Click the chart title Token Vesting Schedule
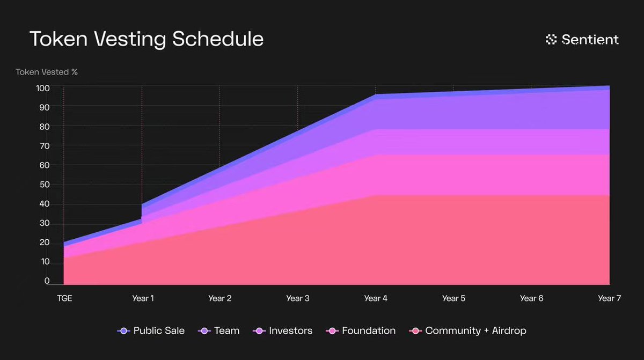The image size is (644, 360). pyautogui.click(x=146, y=39)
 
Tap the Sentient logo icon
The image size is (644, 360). pyautogui.click(x=551, y=39)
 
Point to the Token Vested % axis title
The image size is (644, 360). pyautogui.click(x=46, y=72)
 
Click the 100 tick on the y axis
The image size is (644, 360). pyautogui.click(x=43, y=88)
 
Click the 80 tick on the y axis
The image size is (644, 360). pyautogui.click(x=44, y=127)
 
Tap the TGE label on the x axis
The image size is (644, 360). pyautogui.click(x=64, y=298)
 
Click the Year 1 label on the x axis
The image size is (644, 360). pyautogui.click(x=143, y=298)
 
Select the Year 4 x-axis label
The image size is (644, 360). pyautogui.click(x=376, y=298)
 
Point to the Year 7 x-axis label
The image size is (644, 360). pyautogui.click(x=609, y=298)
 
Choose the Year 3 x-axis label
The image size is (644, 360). pyautogui.click(x=298, y=298)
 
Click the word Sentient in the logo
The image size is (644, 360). pyautogui.click(x=590, y=39)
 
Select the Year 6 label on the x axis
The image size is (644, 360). pyautogui.click(x=531, y=298)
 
